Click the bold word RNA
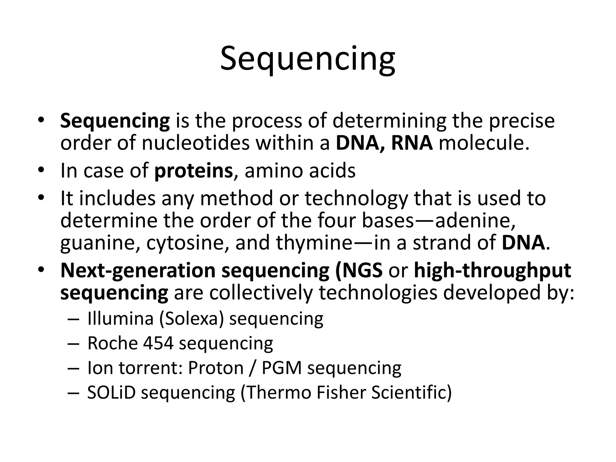(412, 143)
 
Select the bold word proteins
(193, 171)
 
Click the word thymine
(314, 243)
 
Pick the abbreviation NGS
(363, 270)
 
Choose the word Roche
(112, 343)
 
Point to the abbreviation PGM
(282, 368)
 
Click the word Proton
(216, 368)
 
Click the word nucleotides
(196, 143)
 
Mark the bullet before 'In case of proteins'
(41, 171)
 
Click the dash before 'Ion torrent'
(73, 368)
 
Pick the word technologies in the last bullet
(378, 293)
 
